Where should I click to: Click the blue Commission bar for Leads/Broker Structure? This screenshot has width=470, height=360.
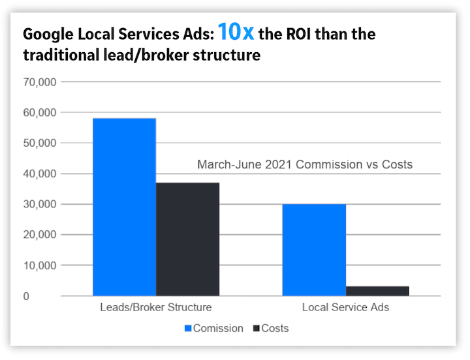(x=124, y=207)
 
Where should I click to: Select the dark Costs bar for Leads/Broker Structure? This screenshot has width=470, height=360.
(x=187, y=239)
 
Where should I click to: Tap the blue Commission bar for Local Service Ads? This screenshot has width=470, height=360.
(x=313, y=250)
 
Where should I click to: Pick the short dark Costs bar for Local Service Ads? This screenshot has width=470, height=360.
(x=377, y=291)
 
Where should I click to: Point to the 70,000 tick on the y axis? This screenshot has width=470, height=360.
(x=40, y=82)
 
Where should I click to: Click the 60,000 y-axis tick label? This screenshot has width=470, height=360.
(x=40, y=113)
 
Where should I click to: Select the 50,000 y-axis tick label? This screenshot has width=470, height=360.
(x=40, y=143)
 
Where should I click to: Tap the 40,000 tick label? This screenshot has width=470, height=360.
(x=40, y=174)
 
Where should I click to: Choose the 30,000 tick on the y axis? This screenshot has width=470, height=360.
(x=40, y=205)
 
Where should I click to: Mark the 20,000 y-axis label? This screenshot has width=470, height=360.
(x=40, y=235)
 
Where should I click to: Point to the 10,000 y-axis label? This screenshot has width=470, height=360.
(x=40, y=265)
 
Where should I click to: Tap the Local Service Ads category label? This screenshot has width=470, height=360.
(x=345, y=307)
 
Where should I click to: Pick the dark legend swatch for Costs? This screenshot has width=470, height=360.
(x=255, y=328)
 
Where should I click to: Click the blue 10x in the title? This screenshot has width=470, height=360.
(x=236, y=32)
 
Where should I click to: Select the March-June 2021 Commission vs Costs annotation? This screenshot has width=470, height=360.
(x=305, y=164)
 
